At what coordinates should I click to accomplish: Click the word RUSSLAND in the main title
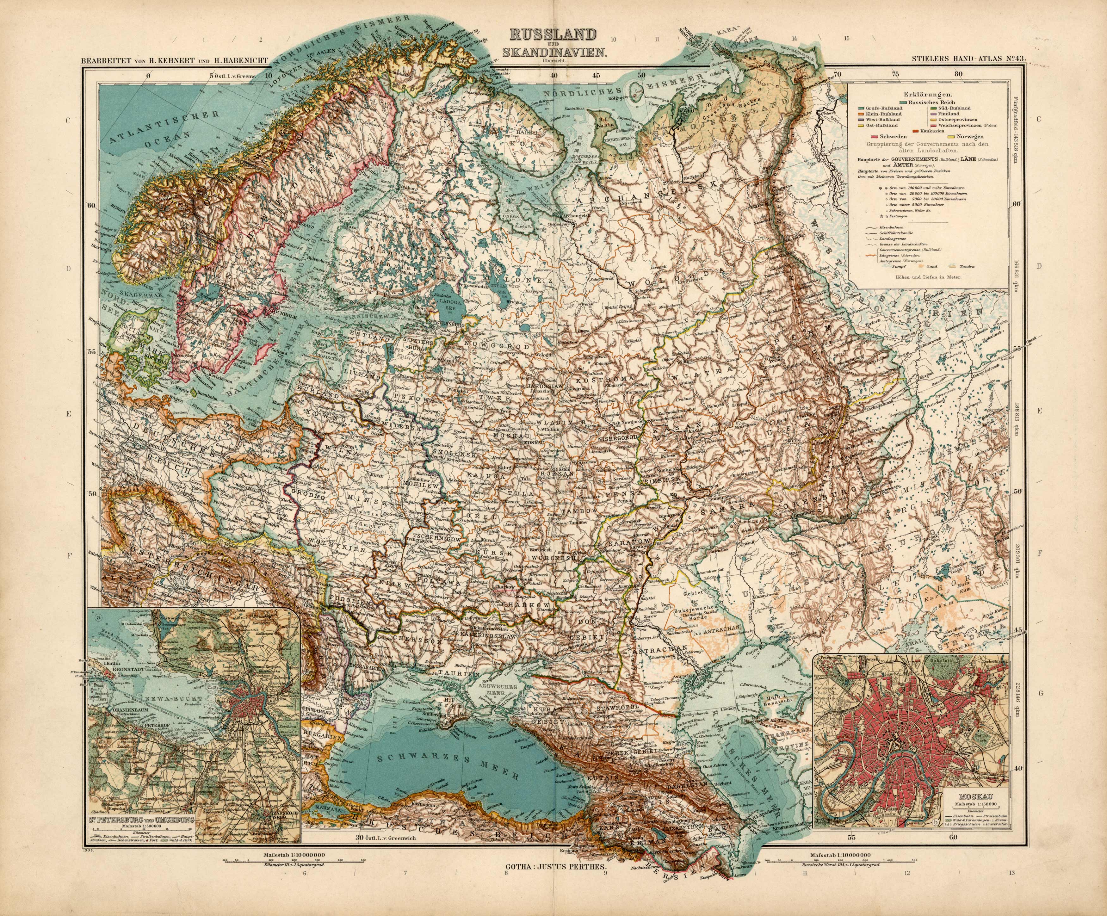pos(553,35)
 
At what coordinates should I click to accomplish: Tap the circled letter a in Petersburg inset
pos(99,614)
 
